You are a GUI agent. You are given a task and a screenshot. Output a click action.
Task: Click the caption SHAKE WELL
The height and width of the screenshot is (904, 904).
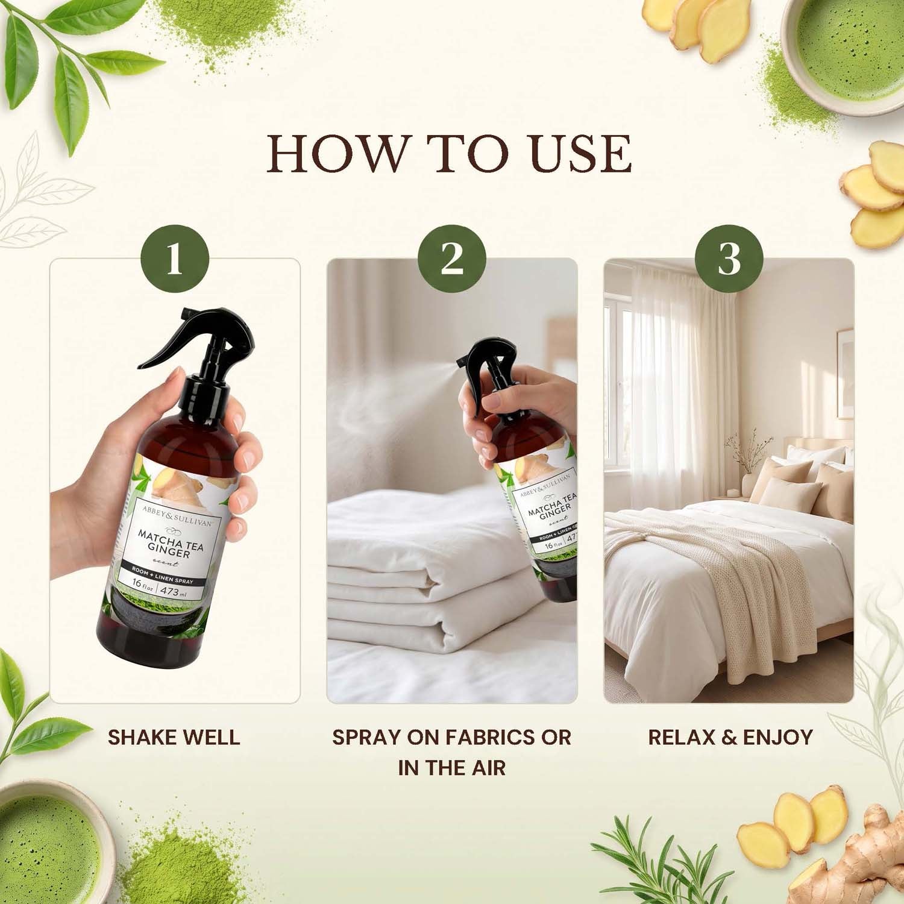(174, 737)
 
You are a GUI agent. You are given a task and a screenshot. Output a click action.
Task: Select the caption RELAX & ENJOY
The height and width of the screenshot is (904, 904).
(730, 737)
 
